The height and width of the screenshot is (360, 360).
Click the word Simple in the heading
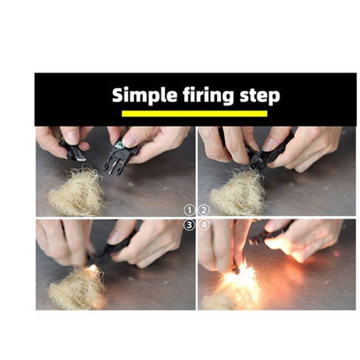coord(144,96)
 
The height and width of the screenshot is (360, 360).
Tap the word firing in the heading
coord(208,96)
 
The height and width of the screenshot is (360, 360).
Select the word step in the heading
coord(260,96)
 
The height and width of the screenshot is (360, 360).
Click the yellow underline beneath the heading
coord(194,114)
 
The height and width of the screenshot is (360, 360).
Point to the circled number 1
coord(189,210)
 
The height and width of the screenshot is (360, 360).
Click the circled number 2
coord(203,210)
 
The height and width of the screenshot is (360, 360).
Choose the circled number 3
coord(189,224)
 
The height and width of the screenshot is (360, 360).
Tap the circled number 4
coord(204,224)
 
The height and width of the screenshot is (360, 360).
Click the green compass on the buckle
coord(120,145)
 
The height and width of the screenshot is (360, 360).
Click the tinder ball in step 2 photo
coord(237,193)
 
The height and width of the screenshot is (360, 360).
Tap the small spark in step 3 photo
coord(94,270)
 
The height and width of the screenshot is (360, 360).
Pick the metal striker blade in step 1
coord(81,158)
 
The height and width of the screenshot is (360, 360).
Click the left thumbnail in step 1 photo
coord(73,137)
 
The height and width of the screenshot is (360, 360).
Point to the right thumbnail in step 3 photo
coord(115,238)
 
